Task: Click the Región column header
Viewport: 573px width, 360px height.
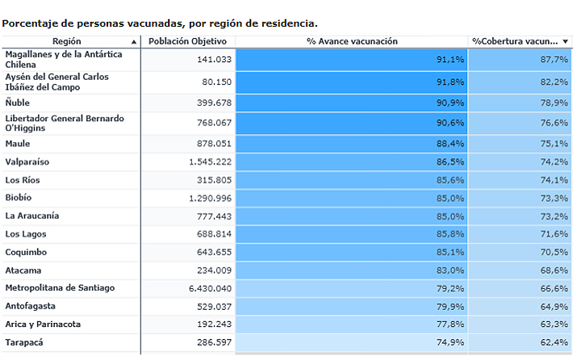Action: pyautogui.click(x=66, y=41)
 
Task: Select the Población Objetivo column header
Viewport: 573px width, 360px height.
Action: pyautogui.click(x=188, y=41)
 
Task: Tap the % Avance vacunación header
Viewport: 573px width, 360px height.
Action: pyautogui.click(x=352, y=41)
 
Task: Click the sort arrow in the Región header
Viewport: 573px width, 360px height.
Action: pyautogui.click(x=133, y=42)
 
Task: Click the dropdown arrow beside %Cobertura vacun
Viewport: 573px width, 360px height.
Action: pyautogui.click(x=567, y=42)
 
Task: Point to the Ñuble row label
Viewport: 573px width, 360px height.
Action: pyautogui.click(x=17, y=103)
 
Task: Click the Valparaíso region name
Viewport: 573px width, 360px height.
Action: pyautogui.click(x=27, y=161)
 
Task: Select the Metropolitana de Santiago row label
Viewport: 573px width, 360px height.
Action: pyautogui.click(x=60, y=287)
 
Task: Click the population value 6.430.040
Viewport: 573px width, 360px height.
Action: pyautogui.click(x=210, y=288)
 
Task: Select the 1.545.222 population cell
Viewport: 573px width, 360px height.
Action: pyautogui.click(x=210, y=162)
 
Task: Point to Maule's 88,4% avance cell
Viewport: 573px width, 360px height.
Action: pyautogui.click(x=450, y=144)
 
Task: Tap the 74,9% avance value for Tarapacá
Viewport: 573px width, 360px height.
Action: pyautogui.click(x=450, y=342)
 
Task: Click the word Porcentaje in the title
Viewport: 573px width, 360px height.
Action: pyautogui.click(x=29, y=23)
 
